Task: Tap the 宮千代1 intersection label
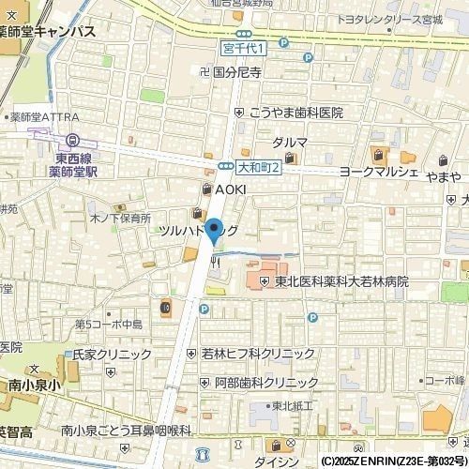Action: pos(244,47)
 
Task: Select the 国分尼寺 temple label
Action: pos(236,70)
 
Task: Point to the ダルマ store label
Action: pos(290,142)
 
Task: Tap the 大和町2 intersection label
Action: pos(255,167)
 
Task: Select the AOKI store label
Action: pos(230,189)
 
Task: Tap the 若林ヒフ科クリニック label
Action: pos(258,354)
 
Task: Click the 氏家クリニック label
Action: pos(112,356)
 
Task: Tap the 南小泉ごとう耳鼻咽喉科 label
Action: pos(126,430)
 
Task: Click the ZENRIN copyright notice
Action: pos(393,461)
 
